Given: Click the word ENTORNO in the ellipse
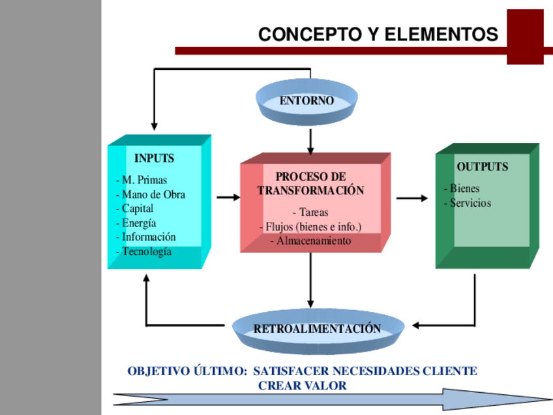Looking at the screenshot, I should coord(306,100).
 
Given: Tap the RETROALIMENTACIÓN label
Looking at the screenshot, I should coord(317,328).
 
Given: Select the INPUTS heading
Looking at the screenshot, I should coord(155,158).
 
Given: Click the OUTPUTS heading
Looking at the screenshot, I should coord(482,166).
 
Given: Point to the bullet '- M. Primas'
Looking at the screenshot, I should coord(142,180).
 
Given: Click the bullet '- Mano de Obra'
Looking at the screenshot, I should coord(151,194).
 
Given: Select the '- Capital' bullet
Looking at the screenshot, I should coord(135,209).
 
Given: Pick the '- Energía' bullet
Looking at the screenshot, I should coord(136,223).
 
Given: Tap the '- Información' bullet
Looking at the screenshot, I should coord(146,237).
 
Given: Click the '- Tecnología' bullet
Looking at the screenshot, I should coord(144,251).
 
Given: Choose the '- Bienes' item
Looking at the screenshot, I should coord(461,189).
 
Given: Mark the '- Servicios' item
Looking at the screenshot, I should coord(467,203).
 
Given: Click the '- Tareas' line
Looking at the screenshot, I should coord(310,212).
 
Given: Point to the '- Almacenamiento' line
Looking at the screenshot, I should coord(310,241).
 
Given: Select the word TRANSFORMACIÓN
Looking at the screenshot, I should coord(310,191).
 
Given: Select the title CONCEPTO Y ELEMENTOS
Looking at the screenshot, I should coord(378,34).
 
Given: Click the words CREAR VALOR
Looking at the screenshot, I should coord(303,386).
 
